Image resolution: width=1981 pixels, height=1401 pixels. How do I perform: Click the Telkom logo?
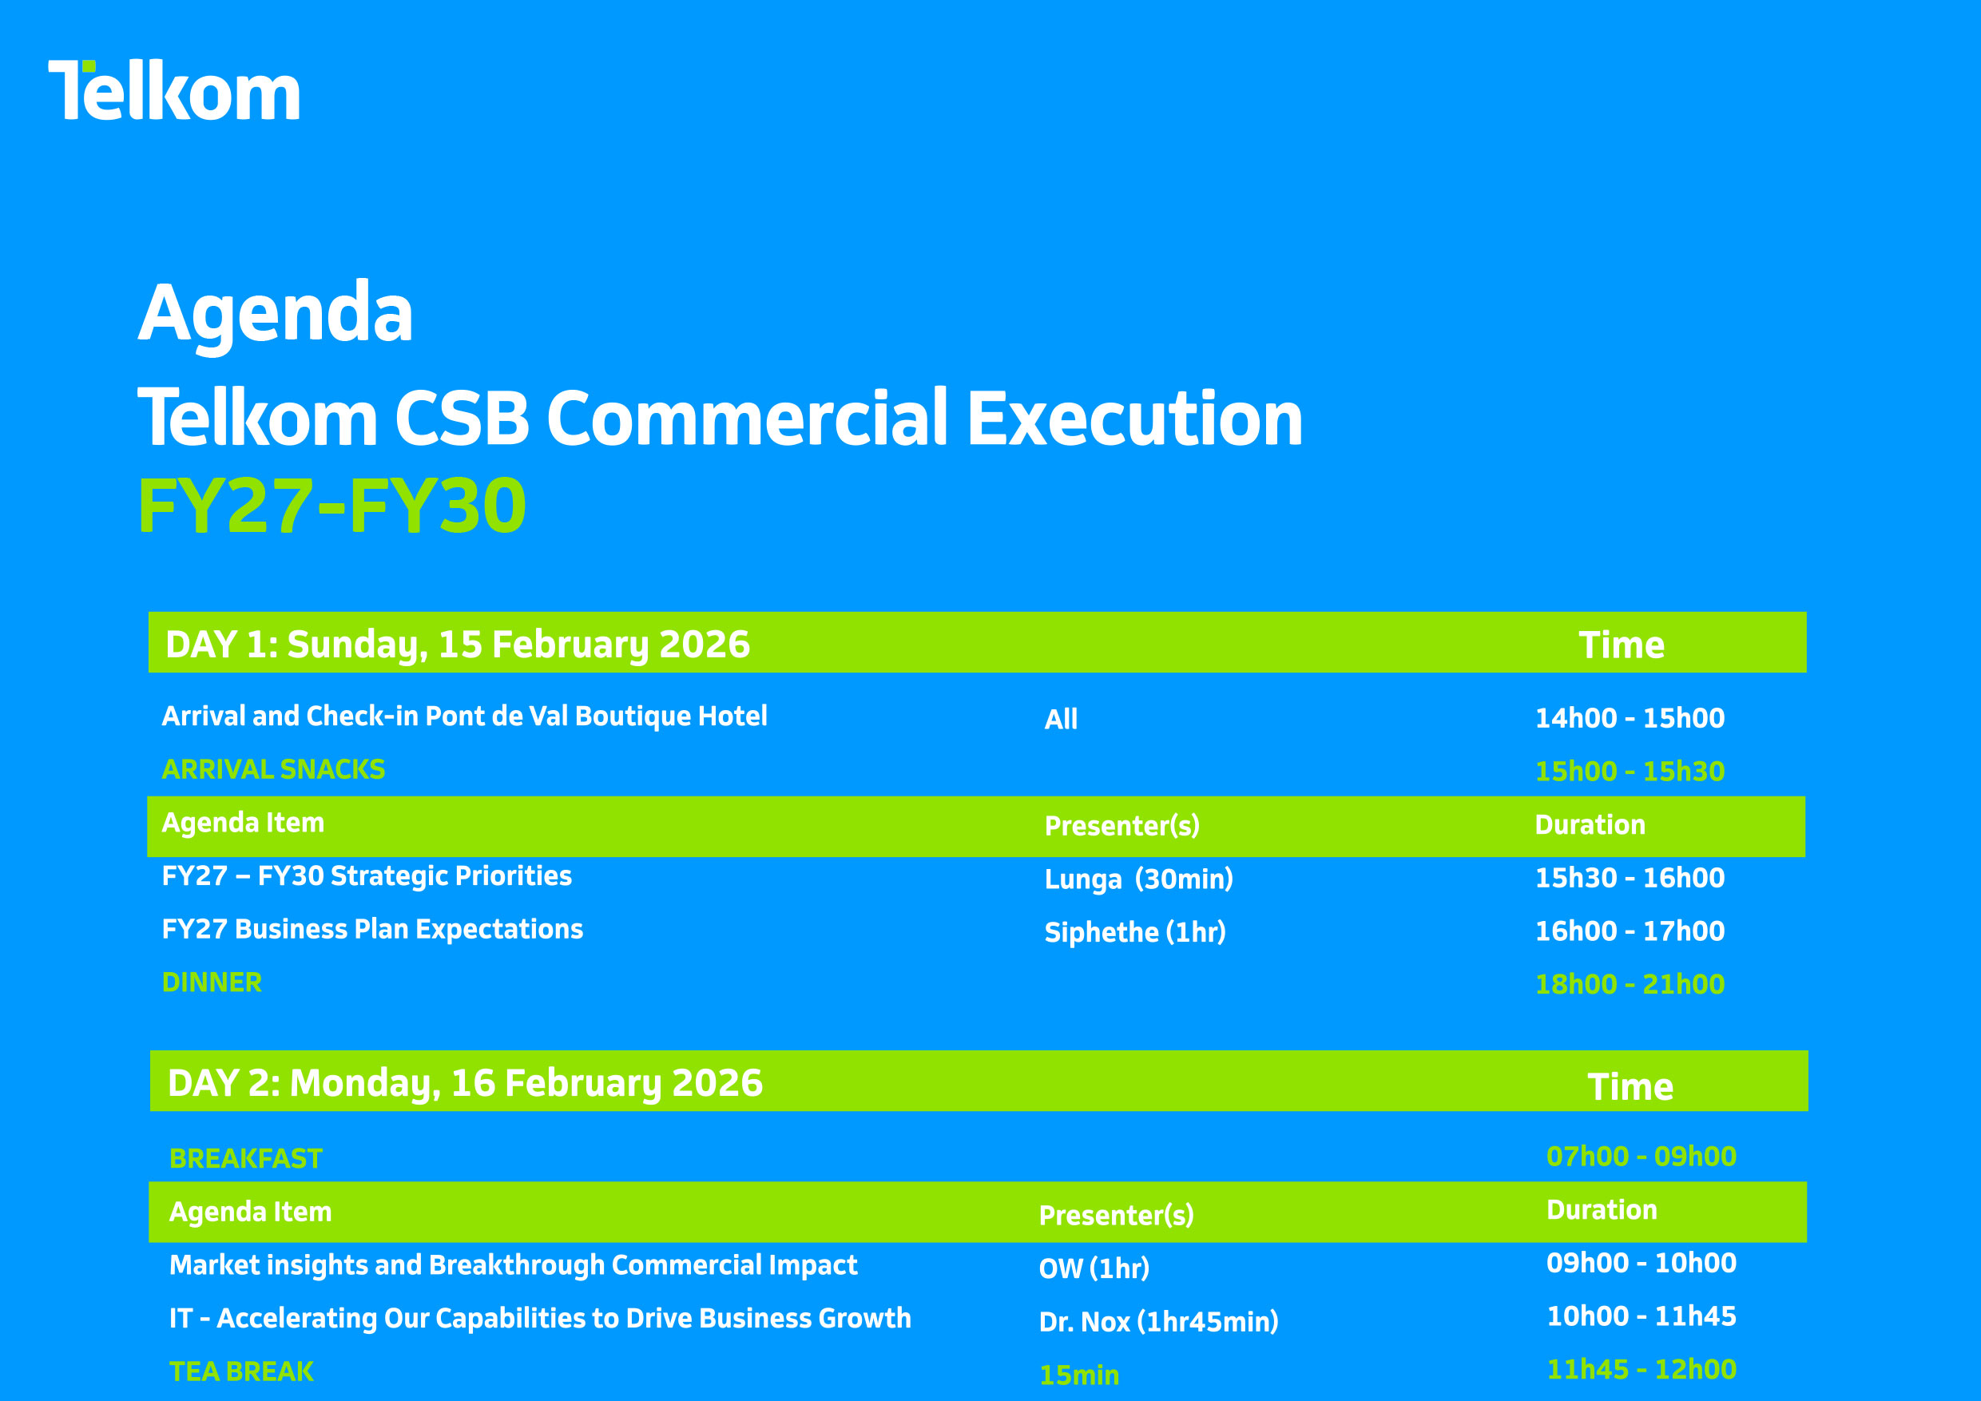pos(174,89)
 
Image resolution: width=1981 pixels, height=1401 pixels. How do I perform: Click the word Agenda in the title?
pos(276,314)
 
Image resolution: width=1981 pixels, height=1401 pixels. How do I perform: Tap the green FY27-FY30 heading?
pos(332,506)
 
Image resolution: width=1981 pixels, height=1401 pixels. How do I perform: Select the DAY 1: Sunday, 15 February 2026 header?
pos(457,645)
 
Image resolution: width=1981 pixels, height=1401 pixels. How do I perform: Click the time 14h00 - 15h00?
pos(1630,718)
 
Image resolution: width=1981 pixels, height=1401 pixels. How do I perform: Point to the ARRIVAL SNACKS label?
pos(273,769)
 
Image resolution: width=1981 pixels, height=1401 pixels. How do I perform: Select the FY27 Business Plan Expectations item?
pos(373,929)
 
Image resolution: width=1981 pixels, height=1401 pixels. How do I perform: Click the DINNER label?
pos(212,982)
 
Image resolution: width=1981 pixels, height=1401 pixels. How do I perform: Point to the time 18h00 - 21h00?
pos(1630,984)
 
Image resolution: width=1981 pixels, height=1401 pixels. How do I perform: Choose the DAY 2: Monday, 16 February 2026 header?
pos(465,1084)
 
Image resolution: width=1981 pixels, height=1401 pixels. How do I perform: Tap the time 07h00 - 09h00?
pos(1641,1157)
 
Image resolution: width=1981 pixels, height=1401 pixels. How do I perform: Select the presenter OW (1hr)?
pos(1094,1269)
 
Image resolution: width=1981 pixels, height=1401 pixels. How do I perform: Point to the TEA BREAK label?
pos(241,1371)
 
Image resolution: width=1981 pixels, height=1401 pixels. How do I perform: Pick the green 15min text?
pos(1079,1375)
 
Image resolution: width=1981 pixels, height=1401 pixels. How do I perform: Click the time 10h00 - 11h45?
pos(1641,1316)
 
